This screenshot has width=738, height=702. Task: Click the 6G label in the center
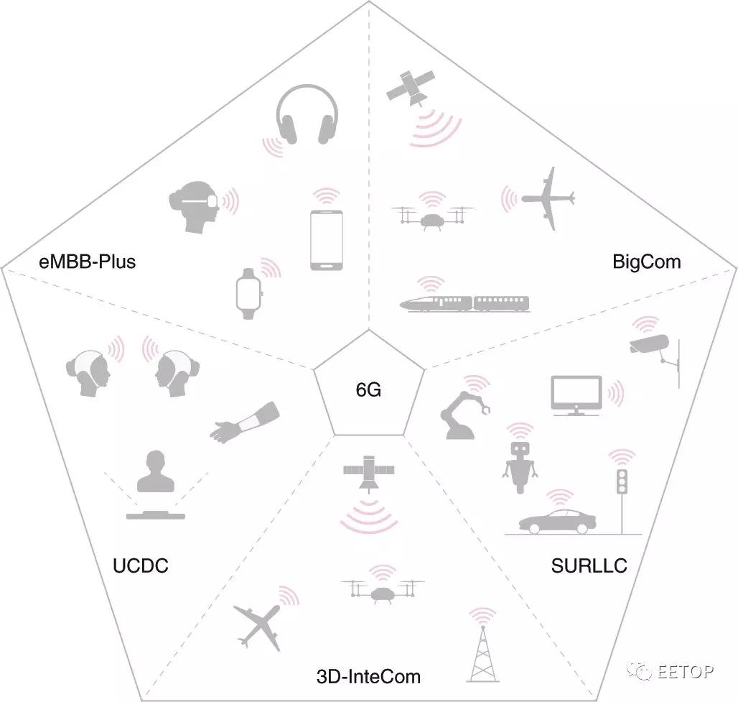tap(368, 389)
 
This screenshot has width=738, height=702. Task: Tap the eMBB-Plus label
tap(87, 262)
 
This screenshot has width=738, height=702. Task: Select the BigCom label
tap(646, 262)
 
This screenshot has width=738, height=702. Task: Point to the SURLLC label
tap(589, 565)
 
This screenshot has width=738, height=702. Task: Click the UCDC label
tap(140, 565)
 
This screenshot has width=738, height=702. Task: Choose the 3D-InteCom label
tap(368, 677)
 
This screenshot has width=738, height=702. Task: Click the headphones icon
tap(307, 114)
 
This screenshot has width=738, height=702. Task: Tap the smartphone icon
tap(326, 240)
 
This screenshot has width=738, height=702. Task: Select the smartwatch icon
tap(248, 294)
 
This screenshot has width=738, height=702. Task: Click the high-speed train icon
tap(464, 303)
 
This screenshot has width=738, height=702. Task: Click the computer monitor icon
tap(576, 395)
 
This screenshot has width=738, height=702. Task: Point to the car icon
tap(557, 522)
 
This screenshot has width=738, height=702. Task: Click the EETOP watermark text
tap(685, 671)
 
